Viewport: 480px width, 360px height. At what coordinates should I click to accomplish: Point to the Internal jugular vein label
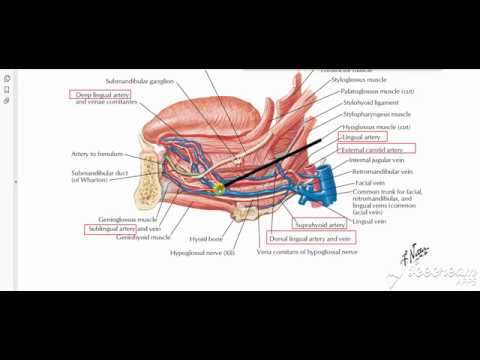coord(375,160)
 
